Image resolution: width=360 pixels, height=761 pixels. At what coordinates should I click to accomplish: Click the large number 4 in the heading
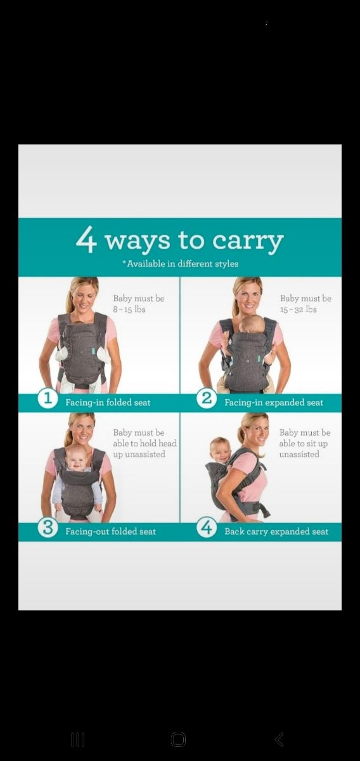tap(86, 240)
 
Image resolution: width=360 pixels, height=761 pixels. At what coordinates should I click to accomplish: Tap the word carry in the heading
tap(248, 242)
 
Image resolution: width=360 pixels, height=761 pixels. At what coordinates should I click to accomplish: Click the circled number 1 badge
tap(48, 398)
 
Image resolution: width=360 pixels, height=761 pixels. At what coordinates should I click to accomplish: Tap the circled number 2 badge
tap(207, 398)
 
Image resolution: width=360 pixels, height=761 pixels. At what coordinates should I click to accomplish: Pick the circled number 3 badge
tap(48, 527)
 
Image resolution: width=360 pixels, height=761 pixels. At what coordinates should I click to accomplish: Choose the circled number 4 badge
tap(207, 527)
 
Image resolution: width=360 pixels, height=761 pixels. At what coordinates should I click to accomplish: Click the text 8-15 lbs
tap(129, 309)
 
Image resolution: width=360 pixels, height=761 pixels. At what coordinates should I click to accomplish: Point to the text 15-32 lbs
tap(298, 309)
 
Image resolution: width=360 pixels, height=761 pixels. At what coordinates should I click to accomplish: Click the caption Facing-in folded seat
tap(108, 403)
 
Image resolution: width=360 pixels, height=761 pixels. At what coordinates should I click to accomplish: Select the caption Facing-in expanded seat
tap(274, 403)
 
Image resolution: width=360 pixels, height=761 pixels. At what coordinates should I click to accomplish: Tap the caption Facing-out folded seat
tap(110, 531)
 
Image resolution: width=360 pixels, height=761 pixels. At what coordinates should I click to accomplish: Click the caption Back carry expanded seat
tap(276, 531)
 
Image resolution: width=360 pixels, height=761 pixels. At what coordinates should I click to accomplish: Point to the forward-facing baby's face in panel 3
tap(77, 459)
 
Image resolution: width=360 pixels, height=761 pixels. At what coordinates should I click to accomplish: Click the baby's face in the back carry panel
tap(219, 450)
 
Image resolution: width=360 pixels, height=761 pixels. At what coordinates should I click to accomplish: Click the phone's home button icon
tap(178, 739)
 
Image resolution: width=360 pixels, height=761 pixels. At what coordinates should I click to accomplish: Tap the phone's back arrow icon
tap(279, 739)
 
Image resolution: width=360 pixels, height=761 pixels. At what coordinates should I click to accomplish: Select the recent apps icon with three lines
tap(78, 739)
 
